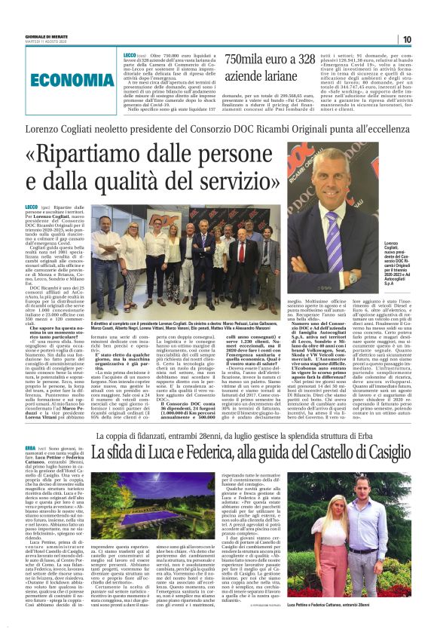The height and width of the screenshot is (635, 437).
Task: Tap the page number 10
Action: (406, 39)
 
